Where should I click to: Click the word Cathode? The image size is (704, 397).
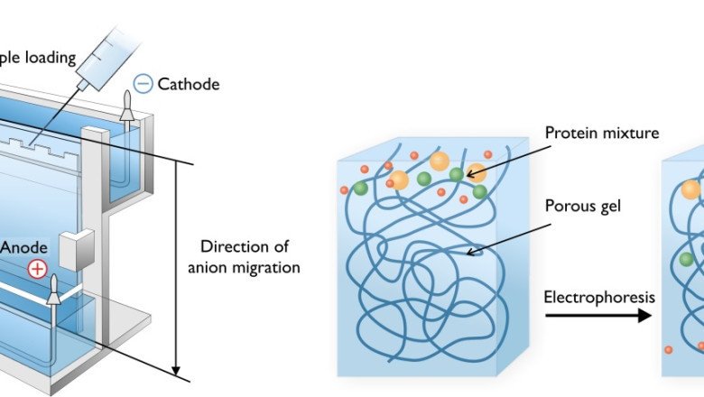188,85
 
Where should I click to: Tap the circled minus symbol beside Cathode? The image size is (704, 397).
142,85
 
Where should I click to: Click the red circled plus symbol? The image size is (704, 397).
37,268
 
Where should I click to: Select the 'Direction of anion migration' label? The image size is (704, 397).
249,256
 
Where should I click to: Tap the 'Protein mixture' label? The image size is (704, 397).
602,134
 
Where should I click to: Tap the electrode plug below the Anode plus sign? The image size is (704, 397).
53,290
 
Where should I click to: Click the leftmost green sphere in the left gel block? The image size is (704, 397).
360,188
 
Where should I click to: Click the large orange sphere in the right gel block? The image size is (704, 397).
690,189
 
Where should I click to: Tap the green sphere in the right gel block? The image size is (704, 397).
687,259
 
